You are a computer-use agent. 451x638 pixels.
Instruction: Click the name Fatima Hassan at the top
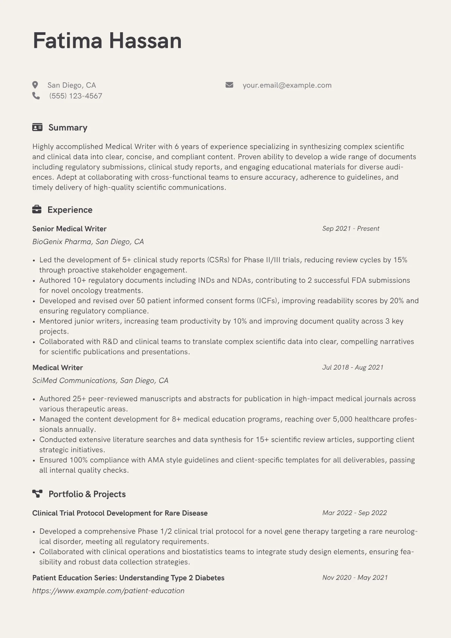107,41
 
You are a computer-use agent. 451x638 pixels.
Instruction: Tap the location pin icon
35,85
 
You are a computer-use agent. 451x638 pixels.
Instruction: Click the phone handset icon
36,96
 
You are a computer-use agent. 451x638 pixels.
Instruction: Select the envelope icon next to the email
229,85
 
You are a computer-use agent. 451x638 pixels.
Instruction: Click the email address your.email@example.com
287,85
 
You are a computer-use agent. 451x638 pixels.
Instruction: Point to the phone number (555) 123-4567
75,96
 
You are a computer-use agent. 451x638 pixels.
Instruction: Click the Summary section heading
68,127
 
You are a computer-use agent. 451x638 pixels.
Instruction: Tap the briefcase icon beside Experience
37,209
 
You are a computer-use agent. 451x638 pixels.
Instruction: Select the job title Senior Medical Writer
69,229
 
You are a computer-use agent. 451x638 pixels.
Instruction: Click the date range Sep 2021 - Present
351,229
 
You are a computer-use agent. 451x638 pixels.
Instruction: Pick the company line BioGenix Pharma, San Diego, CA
88,241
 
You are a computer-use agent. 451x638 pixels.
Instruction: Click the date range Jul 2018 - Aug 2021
352,367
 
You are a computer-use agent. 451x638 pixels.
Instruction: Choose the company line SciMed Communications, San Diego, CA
100,380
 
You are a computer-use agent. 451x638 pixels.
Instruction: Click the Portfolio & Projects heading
87,494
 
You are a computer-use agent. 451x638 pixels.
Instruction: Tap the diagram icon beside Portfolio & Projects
37,494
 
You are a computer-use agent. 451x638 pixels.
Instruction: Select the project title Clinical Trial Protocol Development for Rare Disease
120,513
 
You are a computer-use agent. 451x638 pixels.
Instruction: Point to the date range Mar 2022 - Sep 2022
354,513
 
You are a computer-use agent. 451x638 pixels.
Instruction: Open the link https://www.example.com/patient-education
108,591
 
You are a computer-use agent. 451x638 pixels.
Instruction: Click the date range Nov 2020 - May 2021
355,578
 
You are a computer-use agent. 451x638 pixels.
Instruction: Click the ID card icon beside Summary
37,127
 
